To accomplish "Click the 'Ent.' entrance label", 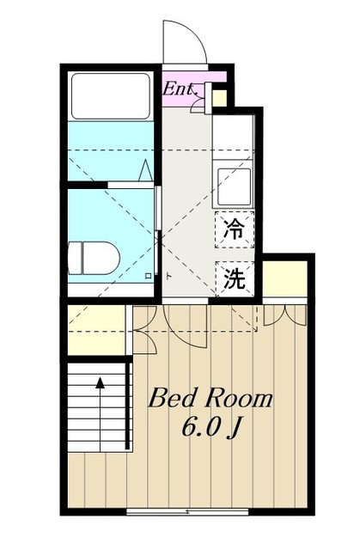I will (181, 87).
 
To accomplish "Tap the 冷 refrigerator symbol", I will (233, 229).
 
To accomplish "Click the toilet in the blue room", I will (93, 256).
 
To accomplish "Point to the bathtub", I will (111, 96).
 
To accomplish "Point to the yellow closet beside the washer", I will (284, 277).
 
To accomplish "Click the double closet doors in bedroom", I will (285, 314).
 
